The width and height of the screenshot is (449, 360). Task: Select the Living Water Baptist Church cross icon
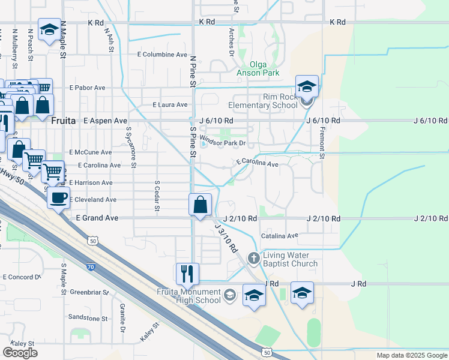[x=253, y=259]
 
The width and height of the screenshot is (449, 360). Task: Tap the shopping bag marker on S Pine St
[x=200, y=205]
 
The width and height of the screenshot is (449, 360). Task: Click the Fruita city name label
[x=63, y=121]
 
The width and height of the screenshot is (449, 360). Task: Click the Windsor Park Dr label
[x=223, y=143]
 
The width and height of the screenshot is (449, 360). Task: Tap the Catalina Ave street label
[x=283, y=236]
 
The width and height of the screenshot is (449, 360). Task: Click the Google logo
[x=20, y=352]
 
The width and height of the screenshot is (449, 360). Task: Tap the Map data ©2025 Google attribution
[x=411, y=356]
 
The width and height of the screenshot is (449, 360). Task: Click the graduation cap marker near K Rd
[x=49, y=29]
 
